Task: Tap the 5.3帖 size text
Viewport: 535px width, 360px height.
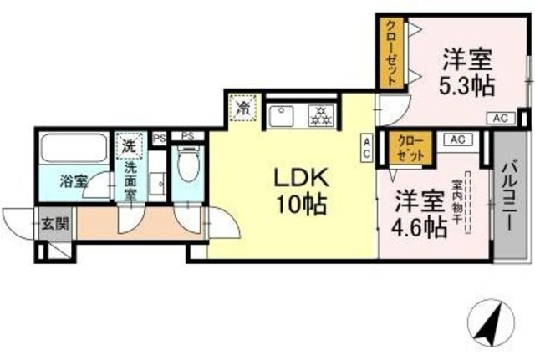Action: (x=466, y=84)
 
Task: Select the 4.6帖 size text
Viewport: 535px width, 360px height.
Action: (x=419, y=226)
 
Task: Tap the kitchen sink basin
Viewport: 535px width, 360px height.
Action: (x=282, y=114)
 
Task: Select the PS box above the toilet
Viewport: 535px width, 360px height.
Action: (x=188, y=135)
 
